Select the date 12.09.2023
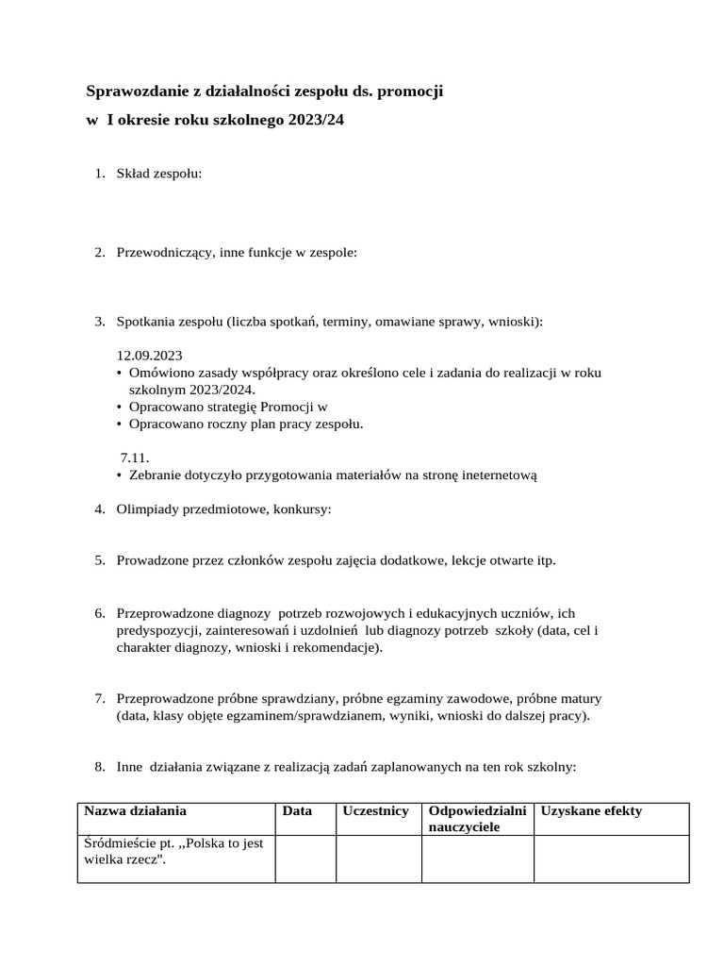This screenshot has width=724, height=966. coord(149,356)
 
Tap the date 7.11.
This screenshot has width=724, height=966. coord(135,458)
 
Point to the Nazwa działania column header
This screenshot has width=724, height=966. coord(136,811)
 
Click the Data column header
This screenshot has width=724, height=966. coord(297,811)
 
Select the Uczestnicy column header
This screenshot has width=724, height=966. coord(375,811)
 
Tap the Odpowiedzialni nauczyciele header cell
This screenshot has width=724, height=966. coord(476,819)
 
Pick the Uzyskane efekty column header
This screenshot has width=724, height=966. coord(591,811)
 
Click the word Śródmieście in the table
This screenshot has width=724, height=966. coord(120,843)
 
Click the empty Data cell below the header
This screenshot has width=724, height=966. coord(305,858)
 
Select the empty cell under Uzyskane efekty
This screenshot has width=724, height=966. coord(611,858)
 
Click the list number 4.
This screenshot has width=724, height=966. coord(99,509)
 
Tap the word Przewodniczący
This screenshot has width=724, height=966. coord(166,253)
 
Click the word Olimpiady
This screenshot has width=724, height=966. coord(146,509)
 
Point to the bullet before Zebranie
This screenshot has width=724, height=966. coord(119,475)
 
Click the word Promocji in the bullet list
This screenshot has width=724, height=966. coord(286,408)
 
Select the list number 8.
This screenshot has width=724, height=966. coord(99,767)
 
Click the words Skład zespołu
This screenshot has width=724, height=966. coord(158,174)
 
